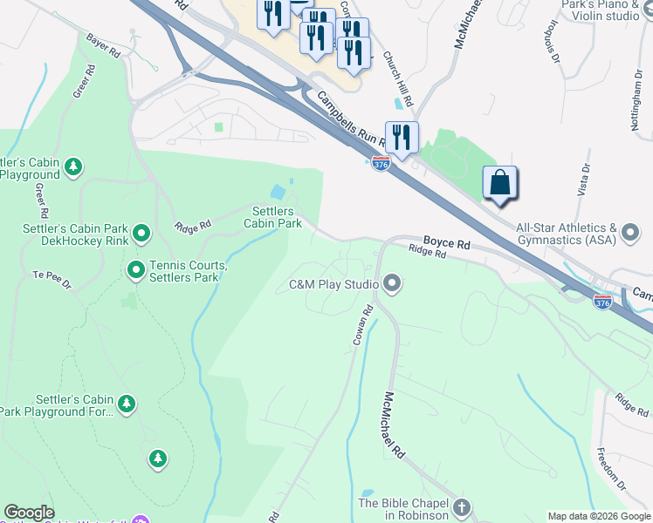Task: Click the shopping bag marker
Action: pyautogui.click(x=499, y=183)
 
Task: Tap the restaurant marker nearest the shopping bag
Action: pyautogui.click(x=402, y=137)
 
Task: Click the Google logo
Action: pyautogui.click(x=29, y=513)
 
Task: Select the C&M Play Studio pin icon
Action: pyautogui.click(x=392, y=283)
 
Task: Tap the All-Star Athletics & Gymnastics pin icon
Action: pyautogui.click(x=631, y=233)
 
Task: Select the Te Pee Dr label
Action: pyautogui.click(x=51, y=277)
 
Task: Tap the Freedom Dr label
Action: pyautogui.click(x=611, y=466)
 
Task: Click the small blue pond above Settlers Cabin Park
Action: pyautogui.click(x=278, y=191)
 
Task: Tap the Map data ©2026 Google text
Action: pyautogui.click(x=598, y=516)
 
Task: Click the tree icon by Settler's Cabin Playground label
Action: pyautogui.click(x=74, y=166)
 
